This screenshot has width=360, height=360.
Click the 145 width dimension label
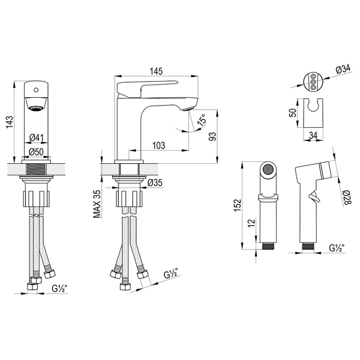tap(156, 71)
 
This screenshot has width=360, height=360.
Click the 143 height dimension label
tap(10, 122)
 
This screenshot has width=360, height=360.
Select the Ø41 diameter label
tap(37, 138)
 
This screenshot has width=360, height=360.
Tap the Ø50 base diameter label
tap(36, 152)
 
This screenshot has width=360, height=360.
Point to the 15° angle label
tap(202, 119)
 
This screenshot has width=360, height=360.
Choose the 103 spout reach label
tap(158, 145)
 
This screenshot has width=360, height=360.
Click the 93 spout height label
tap(212, 136)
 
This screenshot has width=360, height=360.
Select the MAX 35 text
tap(97, 204)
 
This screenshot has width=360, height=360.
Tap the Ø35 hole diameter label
tap(155, 183)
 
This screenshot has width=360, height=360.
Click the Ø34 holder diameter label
tap(343, 69)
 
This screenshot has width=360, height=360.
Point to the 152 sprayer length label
tap(238, 205)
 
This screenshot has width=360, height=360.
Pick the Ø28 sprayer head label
tap(347, 197)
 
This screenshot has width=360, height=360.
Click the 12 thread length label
tap(251, 223)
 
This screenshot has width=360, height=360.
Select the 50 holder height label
tap(293, 113)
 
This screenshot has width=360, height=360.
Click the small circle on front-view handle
tap(36, 90)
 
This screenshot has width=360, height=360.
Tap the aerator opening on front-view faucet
tap(36, 107)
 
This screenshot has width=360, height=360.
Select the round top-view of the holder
tap(313, 82)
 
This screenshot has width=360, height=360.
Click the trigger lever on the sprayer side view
tap(314, 197)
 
